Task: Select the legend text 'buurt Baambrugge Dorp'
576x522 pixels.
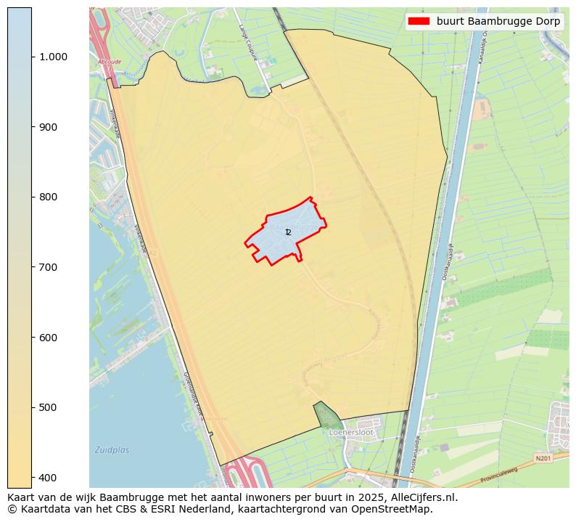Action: (498, 21)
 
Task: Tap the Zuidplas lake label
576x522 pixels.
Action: (112, 450)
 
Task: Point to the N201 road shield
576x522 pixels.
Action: (543, 459)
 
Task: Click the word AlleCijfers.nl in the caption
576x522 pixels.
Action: (422, 498)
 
